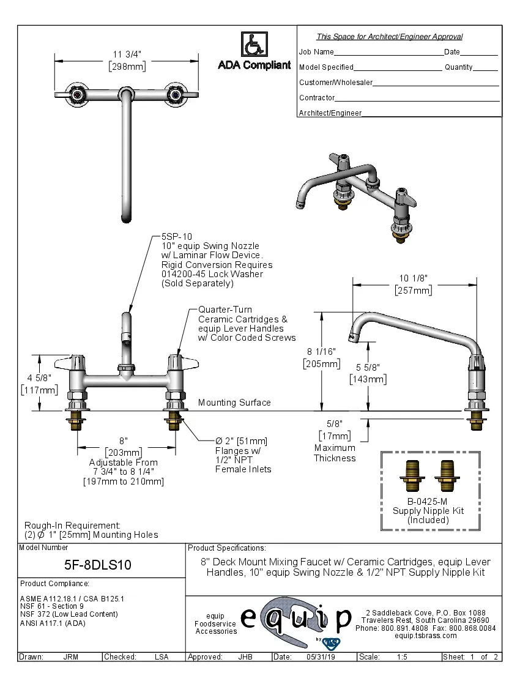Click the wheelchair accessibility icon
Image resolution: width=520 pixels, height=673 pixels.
[253, 45]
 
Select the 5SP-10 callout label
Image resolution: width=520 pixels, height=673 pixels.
[176, 236]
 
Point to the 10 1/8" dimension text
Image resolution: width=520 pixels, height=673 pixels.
[414, 278]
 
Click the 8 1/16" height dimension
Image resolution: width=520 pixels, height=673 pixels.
[321, 352]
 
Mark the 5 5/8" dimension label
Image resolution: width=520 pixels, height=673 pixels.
[367, 367]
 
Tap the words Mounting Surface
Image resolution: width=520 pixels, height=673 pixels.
[234, 403]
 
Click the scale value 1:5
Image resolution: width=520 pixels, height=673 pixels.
[402, 657]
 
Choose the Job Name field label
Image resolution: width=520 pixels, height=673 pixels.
[316, 52]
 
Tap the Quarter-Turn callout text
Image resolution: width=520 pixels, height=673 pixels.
[225, 310]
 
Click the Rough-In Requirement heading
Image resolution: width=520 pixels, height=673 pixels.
[72, 525]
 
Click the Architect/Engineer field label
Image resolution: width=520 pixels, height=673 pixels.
[330, 113]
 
